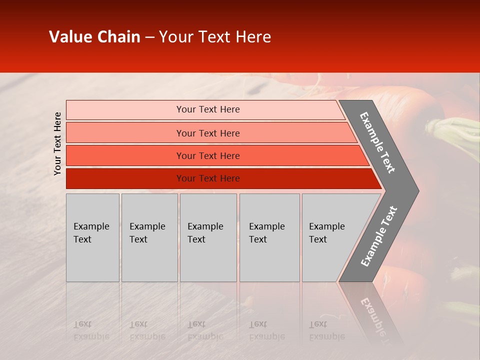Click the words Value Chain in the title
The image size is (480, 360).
coord(94,37)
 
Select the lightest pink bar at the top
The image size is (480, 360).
coord(125,109)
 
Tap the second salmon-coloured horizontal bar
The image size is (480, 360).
coord(125,133)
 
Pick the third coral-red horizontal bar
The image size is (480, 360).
coord(125,155)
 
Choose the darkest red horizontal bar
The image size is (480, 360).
coord(125,178)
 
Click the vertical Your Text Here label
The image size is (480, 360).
coord(57,143)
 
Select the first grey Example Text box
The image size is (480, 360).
coord(92,237)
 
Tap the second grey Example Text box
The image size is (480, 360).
coord(149,237)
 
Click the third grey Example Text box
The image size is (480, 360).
coord(208,237)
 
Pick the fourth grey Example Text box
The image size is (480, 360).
coord(269,237)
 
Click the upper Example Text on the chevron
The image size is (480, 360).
coord(377,142)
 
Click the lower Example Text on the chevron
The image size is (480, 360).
coord(378,236)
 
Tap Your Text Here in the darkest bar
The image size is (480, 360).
coord(208,178)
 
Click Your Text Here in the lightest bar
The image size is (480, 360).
coord(208,109)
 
